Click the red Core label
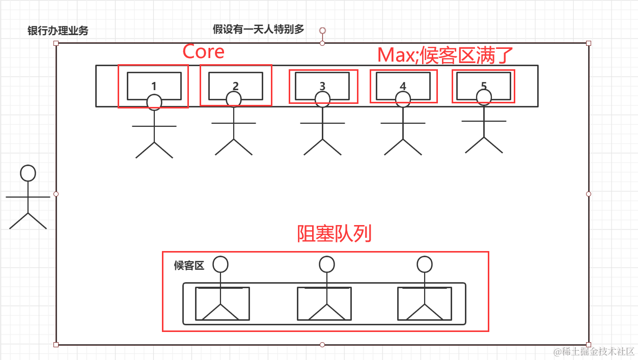203,51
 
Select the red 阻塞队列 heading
334,234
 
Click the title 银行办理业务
58,31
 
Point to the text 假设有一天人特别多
259,30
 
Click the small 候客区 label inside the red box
189,265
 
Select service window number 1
154,86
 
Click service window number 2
235,85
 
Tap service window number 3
322,86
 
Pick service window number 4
403,86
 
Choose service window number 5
484,85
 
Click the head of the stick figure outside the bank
28,173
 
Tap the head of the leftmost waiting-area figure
220,264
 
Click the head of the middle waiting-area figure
326,264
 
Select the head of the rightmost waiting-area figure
424,264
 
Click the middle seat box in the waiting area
324,304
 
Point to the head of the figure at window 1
154,102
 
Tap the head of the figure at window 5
484,97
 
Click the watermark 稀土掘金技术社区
594,351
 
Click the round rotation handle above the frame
322,31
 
